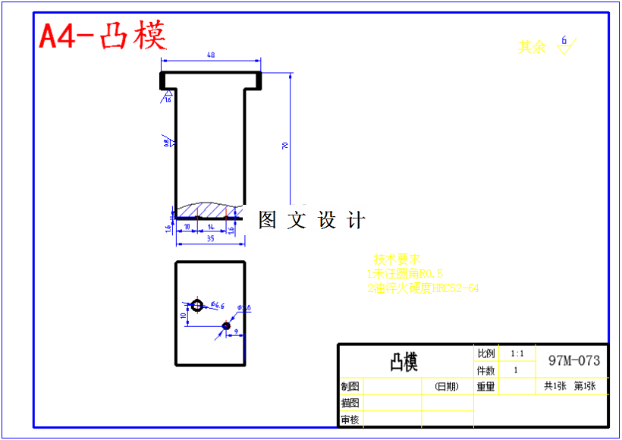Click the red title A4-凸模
pyautogui.click(x=103, y=36)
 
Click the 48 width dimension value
pyautogui.click(x=211, y=55)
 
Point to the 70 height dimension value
pyautogui.click(x=285, y=145)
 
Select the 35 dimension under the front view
pyautogui.click(x=210, y=238)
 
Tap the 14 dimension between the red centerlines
pyautogui.click(x=211, y=226)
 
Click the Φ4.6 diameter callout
pyautogui.click(x=218, y=305)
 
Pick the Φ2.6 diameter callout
pyautogui.click(x=244, y=307)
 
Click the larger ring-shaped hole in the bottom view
pyautogui.click(x=197, y=305)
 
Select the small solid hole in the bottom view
pyautogui.click(x=226, y=325)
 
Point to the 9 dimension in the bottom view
pyautogui.click(x=236, y=331)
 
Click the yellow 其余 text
pyautogui.click(x=532, y=47)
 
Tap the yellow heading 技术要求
pyautogui.click(x=397, y=259)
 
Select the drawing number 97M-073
pyautogui.click(x=573, y=360)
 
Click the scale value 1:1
pyautogui.click(x=517, y=354)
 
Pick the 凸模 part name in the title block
pyautogui.click(x=404, y=362)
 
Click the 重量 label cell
pyautogui.click(x=485, y=386)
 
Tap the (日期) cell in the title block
pyautogui.click(x=447, y=386)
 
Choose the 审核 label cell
pyautogui.click(x=350, y=420)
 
